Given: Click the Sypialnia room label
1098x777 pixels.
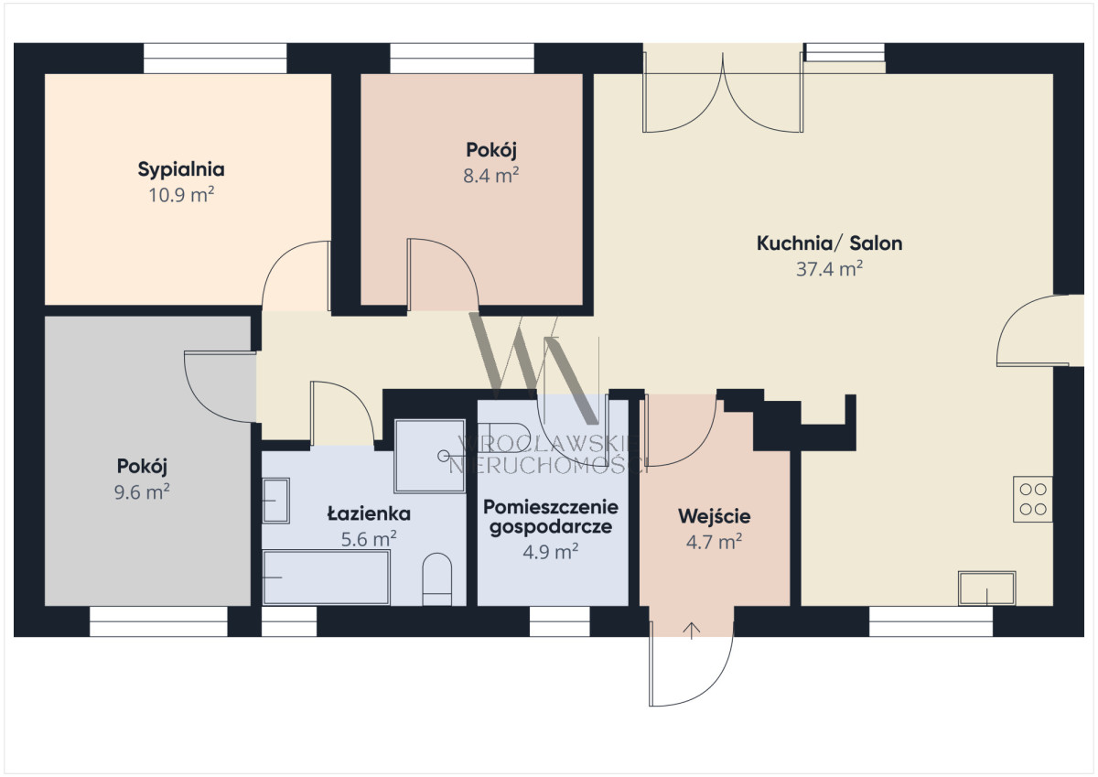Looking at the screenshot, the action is tap(181, 170).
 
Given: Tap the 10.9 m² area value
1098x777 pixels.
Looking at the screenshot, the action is tap(181, 195).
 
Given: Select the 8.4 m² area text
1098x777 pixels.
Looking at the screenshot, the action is tap(491, 176).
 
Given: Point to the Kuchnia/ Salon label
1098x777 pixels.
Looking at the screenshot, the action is tap(829, 243).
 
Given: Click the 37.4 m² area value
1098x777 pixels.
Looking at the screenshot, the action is tap(829, 269).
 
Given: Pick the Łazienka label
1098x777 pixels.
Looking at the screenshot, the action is tap(369, 513).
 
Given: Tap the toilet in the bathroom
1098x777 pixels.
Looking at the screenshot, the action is tap(436, 579).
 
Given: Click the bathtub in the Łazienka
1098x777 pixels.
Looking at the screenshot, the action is tap(327, 577).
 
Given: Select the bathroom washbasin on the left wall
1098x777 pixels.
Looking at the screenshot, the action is tap(276, 501).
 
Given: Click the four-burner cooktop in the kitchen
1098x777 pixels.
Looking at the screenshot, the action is tap(1033, 499).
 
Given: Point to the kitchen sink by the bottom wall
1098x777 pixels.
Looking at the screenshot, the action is tap(986, 588).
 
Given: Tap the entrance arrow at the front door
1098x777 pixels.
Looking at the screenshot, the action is tap(692, 631).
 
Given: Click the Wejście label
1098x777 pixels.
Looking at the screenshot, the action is tap(715, 516).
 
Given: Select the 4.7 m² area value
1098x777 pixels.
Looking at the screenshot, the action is tap(715, 542).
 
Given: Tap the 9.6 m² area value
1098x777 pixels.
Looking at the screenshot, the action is tap(142, 491).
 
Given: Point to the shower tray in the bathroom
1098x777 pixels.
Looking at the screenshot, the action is tap(430, 456).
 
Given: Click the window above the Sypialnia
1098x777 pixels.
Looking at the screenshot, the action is tap(215, 59).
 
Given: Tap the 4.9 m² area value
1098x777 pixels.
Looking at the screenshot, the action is tap(551, 552).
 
